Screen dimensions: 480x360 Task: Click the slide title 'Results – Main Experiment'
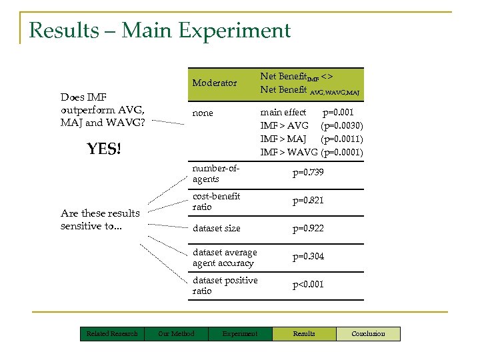pyautogui.click(x=160, y=31)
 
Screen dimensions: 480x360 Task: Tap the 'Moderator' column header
pyautogui.click(x=215, y=83)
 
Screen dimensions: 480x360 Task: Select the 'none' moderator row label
pyautogui.click(x=203, y=113)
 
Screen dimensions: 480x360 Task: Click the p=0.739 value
pyautogui.click(x=308, y=173)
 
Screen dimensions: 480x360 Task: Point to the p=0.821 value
pyautogui.click(x=308, y=201)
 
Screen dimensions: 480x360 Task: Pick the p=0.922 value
pyautogui.click(x=308, y=229)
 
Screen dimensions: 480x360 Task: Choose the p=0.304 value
pyautogui.click(x=308, y=257)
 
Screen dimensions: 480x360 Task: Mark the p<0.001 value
pyautogui.click(x=308, y=285)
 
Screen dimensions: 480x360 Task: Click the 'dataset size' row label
pyautogui.click(x=217, y=229)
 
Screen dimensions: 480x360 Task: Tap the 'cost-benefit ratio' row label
pyautogui.click(x=217, y=201)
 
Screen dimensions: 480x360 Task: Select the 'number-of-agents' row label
pyautogui.click(x=215, y=173)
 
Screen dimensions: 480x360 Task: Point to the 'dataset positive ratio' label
pyautogui.click(x=225, y=285)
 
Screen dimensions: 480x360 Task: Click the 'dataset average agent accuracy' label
pyautogui.click(x=224, y=257)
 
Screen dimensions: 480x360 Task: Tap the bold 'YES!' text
pyautogui.click(x=104, y=149)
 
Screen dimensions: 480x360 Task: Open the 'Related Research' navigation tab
pyautogui.click(x=112, y=333)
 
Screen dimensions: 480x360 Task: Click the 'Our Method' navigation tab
pyautogui.click(x=176, y=333)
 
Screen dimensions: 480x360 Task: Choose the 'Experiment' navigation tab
pyautogui.click(x=240, y=333)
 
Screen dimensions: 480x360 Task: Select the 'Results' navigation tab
pyautogui.click(x=304, y=333)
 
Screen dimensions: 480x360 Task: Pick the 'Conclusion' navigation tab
pyautogui.click(x=368, y=333)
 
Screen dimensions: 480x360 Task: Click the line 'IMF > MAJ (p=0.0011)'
pyautogui.click(x=311, y=139)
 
